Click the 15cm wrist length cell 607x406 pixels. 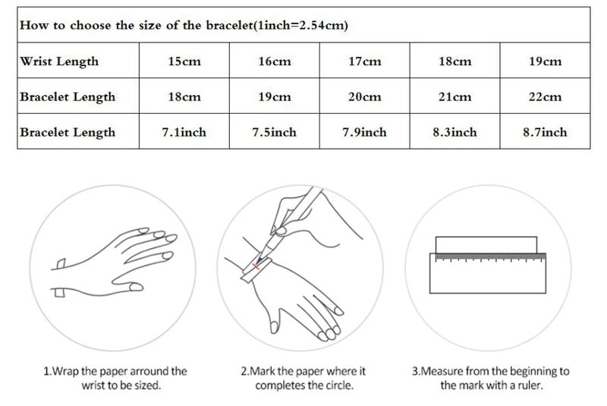click(x=184, y=61)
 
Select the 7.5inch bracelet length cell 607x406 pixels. click(x=275, y=132)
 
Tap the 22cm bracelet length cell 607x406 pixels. click(x=545, y=96)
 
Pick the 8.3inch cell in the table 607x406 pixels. click(x=454, y=132)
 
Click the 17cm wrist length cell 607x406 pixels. click(x=365, y=61)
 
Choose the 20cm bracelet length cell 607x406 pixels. click(x=365, y=96)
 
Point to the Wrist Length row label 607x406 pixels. click(x=59, y=61)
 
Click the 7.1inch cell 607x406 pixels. click(x=184, y=132)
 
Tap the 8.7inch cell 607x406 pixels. click(x=545, y=132)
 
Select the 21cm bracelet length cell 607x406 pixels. click(x=454, y=96)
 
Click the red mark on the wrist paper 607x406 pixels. click(x=256, y=266)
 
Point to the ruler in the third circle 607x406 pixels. click(x=488, y=273)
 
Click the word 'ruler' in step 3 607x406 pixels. click(x=530, y=385)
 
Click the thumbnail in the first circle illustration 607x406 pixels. click(x=136, y=287)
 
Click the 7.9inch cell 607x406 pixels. click(x=365, y=132)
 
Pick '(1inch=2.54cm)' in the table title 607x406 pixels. click(x=300, y=25)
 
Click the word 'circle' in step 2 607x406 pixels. click(x=338, y=385)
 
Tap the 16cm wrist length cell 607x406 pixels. click(x=275, y=61)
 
